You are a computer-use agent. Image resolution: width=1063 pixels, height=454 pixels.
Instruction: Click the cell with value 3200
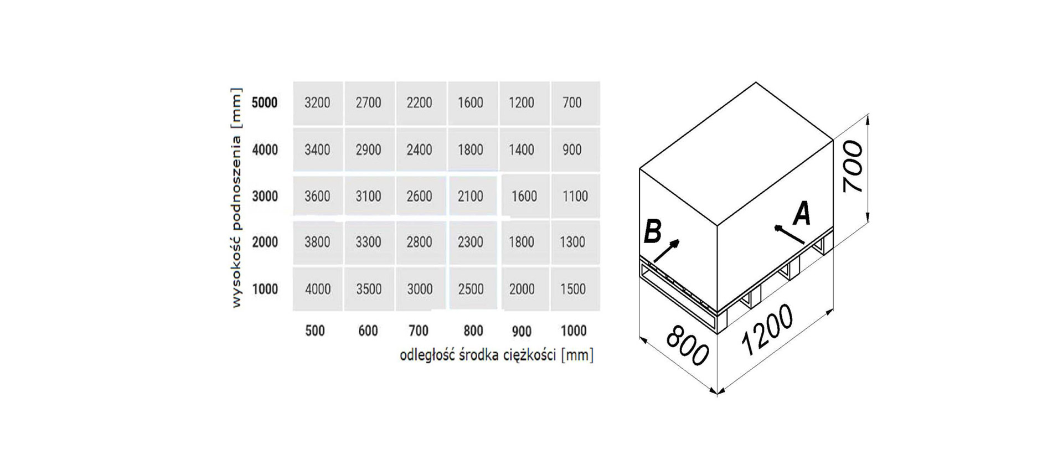click(x=318, y=103)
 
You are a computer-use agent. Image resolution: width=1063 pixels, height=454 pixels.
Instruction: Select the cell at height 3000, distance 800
click(x=471, y=196)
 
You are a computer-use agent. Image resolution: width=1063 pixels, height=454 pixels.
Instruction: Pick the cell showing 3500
click(x=369, y=289)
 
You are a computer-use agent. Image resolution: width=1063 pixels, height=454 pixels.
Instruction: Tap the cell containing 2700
click(x=369, y=103)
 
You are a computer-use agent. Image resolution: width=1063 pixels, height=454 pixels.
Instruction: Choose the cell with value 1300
click(x=572, y=242)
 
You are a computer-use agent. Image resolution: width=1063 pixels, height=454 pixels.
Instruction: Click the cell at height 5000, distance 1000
click(x=572, y=103)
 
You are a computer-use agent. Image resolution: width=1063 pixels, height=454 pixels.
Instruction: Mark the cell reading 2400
click(x=420, y=149)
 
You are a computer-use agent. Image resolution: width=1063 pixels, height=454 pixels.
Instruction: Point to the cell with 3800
click(x=318, y=242)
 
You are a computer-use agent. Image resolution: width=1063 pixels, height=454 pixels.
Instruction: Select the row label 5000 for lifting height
click(x=265, y=103)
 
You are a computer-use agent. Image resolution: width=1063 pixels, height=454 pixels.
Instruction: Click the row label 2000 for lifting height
click(x=265, y=242)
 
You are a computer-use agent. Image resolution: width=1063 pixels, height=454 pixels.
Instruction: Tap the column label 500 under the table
click(x=315, y=331)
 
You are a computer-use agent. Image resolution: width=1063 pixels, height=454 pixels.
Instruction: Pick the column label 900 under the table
click(x=522, y=331)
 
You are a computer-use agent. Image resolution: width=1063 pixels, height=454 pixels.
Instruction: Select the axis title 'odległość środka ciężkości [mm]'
click(x=497, y=355)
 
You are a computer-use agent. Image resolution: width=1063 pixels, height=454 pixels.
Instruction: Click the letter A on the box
click(x=802, y=214)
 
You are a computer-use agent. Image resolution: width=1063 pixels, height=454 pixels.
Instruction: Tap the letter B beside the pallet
click(x=653, y=232)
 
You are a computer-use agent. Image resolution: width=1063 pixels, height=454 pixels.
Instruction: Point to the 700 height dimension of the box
click(x=852, y=166)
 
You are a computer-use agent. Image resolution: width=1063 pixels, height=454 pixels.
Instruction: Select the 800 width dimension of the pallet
click(x=687, y=346)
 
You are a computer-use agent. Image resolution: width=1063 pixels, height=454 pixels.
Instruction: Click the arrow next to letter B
click(x=666, y=251)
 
